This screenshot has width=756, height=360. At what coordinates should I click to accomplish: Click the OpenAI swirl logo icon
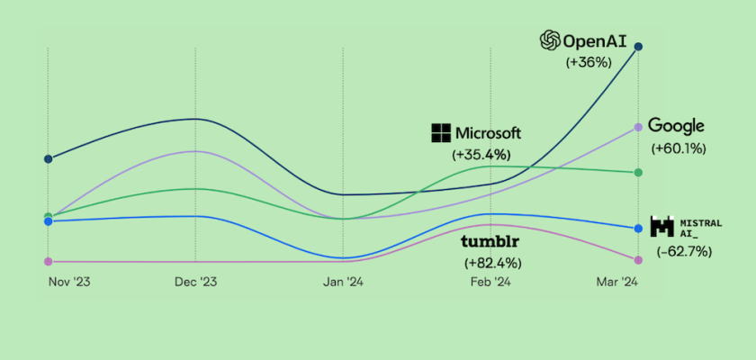pyautogui.click(x=549, y=40)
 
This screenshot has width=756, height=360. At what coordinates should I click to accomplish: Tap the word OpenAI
pyautogui.click(x=588, y=40)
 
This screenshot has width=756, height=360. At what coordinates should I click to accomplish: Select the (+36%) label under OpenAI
pyautogui.click(x=589, y=63)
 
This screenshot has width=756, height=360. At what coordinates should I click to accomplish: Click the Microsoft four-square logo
pyautogui.click(x=441, y=133)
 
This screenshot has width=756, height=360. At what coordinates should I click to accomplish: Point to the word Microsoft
pyautogui.click(x=489, y=133)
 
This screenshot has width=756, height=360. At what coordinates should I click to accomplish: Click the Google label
pyautogui.click(x=676, y=126)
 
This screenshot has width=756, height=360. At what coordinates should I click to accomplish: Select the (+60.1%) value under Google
pyautogui.click(x=679, y=148)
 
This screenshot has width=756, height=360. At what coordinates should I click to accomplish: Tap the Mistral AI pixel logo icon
pyautogui.click(x=661, y=227)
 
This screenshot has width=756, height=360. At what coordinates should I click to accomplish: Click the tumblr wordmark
pyautogui.click(x=491, y=242)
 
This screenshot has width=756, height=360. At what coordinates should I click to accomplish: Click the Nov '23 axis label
pyautogui.click(x=68, y=282)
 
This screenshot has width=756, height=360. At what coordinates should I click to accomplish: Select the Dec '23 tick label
pyautogui.click(x=195, y=282)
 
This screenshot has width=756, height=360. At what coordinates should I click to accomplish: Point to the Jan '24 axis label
pyautogui.click(x=343, y=282)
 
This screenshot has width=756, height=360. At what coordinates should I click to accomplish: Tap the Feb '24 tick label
pyautogui.click(x=490, y=282)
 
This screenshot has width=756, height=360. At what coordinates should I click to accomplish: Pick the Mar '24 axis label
pyautogui.click(x=616, y=282)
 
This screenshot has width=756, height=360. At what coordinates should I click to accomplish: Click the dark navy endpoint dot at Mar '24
pyautogui.click(x=638, y=47)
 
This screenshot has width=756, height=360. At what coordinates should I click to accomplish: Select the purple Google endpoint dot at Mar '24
pyautogui.click(x=638, y=128)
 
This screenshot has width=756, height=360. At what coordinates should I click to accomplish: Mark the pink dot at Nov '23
pyautogui.click(x=48, y=261)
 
